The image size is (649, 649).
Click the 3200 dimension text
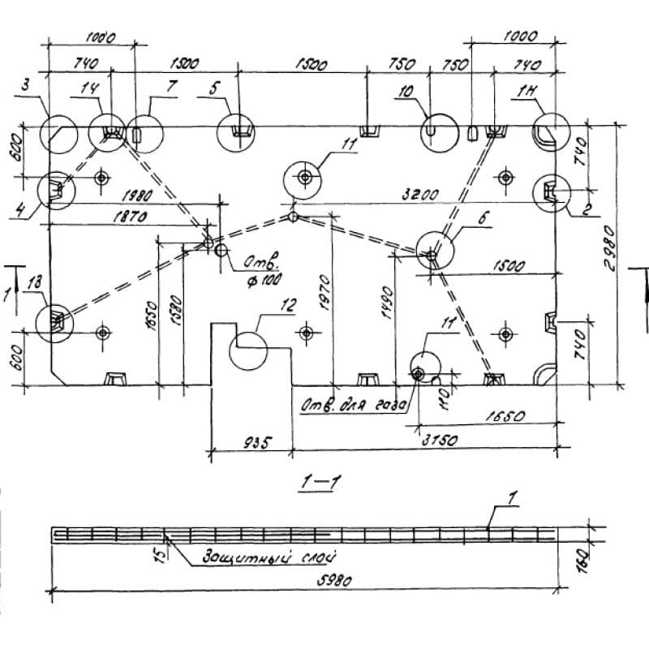[x=421, y=195]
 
